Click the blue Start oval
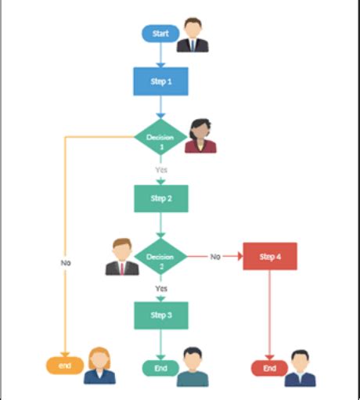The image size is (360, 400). [x=160, y=34]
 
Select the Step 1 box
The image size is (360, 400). [x=160, y=81]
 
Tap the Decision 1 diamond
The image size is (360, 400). [x=160, y=139]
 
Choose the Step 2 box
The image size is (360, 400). [x=160, y=198]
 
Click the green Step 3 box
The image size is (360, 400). [x=160, y=315]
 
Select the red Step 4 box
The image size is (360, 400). [x=270, y=257]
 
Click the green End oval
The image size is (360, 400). [x=160, y=368]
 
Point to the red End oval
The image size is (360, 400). [x=269, y=368]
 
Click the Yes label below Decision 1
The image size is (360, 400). [x=160, y=170]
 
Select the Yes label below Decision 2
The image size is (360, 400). [x=160, y=288]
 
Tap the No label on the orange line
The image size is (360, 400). [x=66, y=263]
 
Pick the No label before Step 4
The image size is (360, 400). [x=215, y=257]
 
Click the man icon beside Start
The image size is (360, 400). [x=193, y=35]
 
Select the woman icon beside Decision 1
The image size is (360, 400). [x=200, y=136]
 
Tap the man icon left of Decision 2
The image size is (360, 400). [x=121, y=257]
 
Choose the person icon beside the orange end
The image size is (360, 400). [x=100, y=366]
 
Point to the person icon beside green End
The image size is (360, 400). [x=193, y=367]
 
